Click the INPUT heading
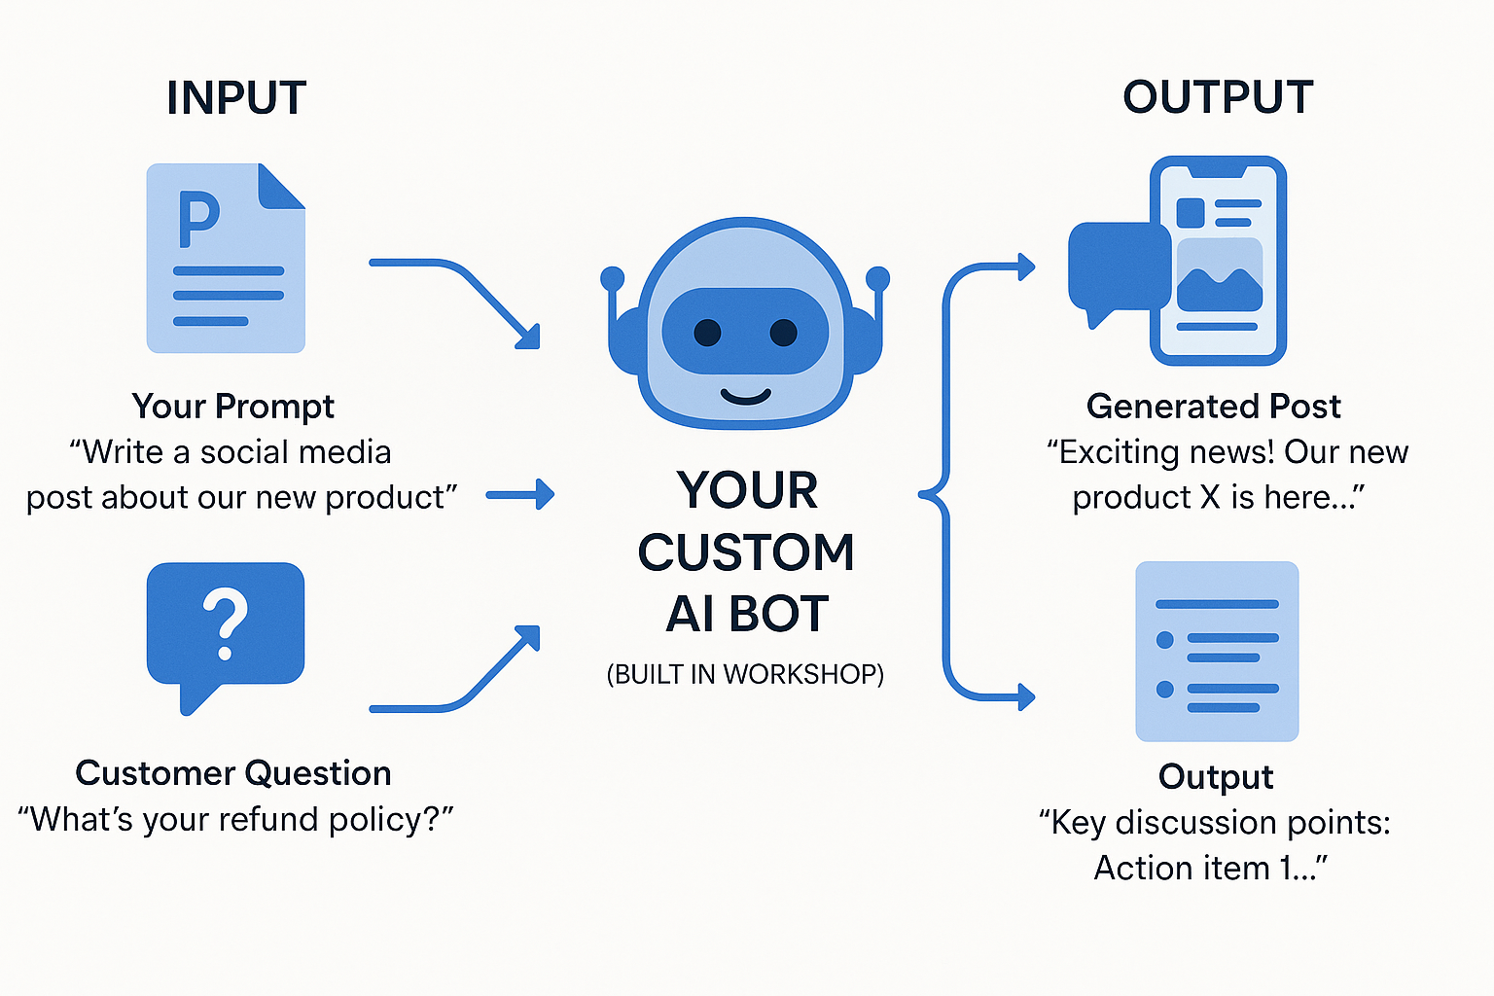236,98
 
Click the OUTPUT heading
1218,98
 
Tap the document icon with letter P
226,259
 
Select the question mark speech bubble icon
226,627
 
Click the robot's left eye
707,333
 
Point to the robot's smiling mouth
746,396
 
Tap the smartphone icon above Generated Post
1218,261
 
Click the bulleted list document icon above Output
1217,651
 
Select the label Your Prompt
232,406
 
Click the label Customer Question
233,773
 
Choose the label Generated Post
1213,406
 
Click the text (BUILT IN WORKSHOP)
745,674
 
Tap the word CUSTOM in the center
746,552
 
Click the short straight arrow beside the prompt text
519,495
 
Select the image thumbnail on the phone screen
1219,276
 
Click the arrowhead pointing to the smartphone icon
1025,267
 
